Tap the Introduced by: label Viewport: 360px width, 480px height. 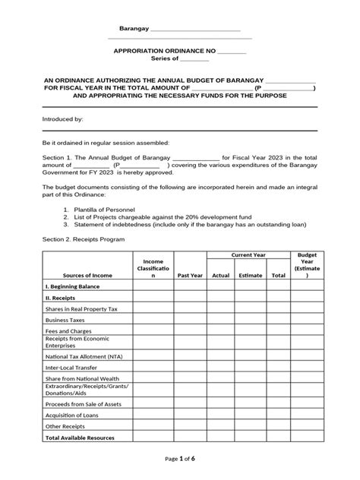(x=62, y=119)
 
